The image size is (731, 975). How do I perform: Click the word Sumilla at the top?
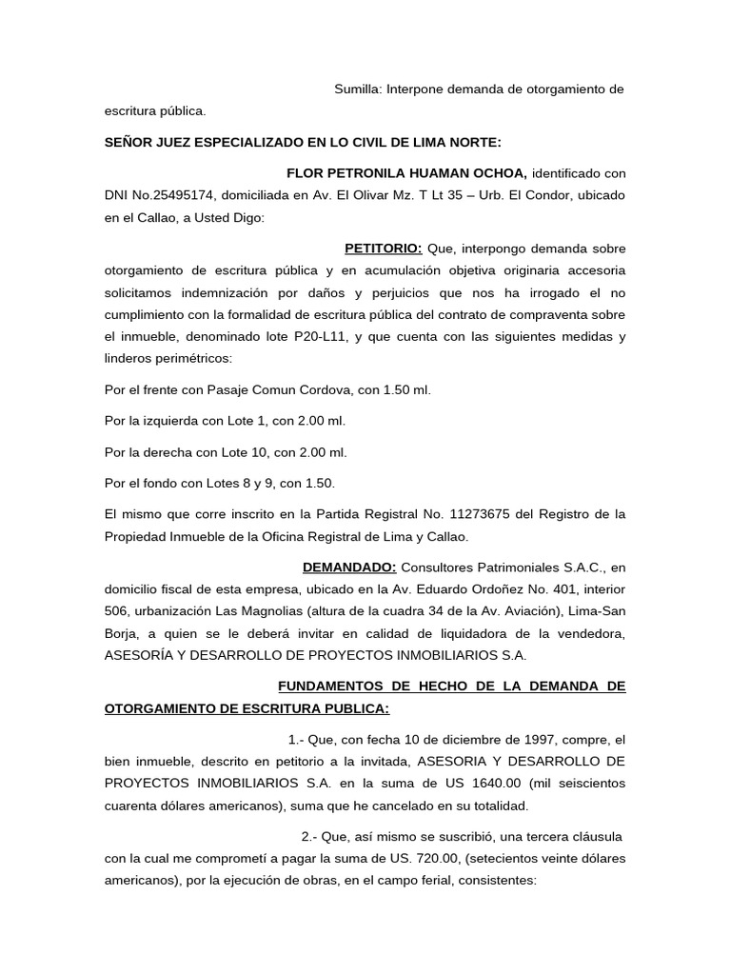357,90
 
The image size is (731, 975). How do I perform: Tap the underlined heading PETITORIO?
383,249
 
